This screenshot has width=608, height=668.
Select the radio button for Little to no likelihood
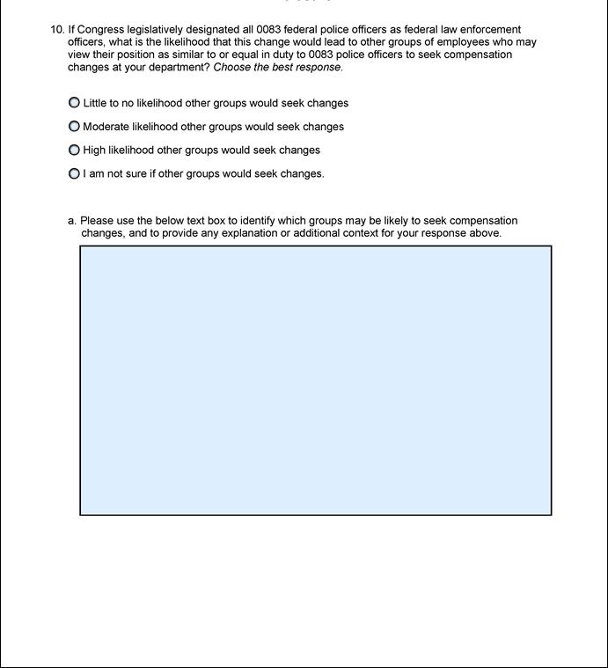[x=74, y=103]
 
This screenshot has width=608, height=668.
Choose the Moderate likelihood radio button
[x=74, y=127]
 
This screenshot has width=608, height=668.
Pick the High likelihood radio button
[x=74, y=150]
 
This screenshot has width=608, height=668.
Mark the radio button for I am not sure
[x=74, y=174]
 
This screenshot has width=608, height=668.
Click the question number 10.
[x=57, y=30]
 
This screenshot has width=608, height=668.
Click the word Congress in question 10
[x=101, y=30]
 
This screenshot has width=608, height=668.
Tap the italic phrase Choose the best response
[x=278, y=67]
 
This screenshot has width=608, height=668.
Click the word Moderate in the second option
[x=106, y=127]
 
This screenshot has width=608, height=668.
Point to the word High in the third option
[x=94, y=150]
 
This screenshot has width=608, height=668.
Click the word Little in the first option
[x=94, y=103]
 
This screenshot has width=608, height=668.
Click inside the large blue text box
[x=316, y=380]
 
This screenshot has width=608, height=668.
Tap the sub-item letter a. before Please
[x=72, y=221]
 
